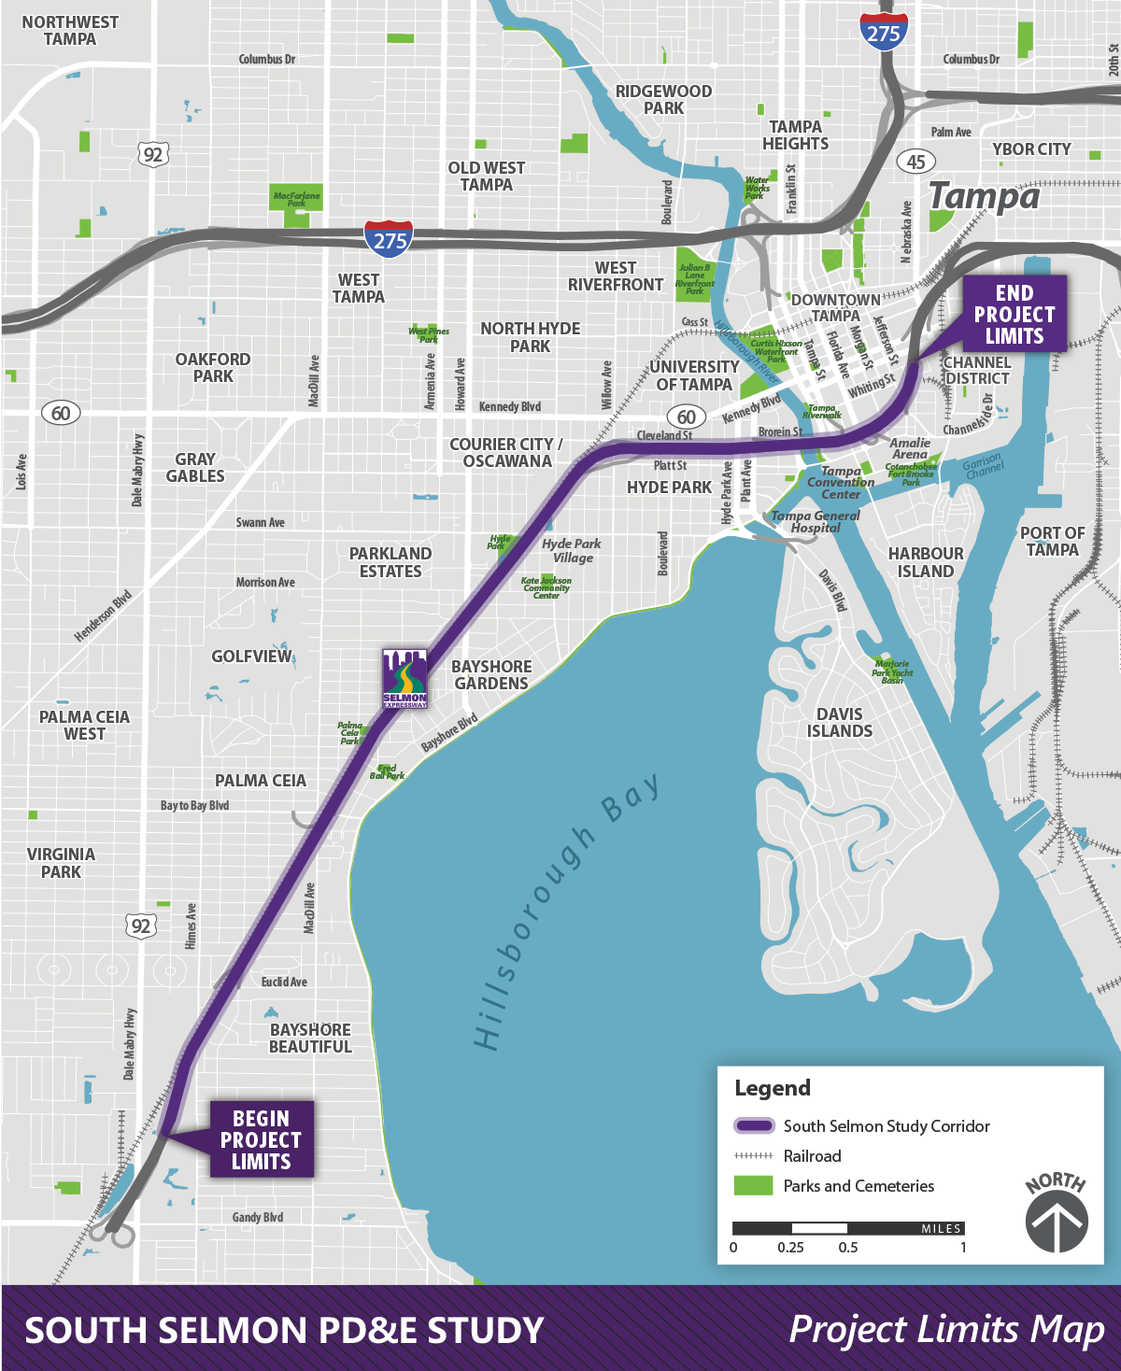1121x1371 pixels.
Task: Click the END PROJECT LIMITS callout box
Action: click(x=1014, y=314)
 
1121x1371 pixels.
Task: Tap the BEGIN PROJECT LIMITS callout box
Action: click(x=261, y=1139)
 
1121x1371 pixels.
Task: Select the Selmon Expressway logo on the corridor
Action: click(x=405, y=679)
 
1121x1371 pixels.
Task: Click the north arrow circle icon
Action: click(x=1057, y=1222)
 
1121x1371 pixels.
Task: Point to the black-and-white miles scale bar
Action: click(x=847, y=1228)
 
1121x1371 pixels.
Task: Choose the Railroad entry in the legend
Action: click(x=812, y=1156)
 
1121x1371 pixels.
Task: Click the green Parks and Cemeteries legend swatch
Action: click(x=753, y=1186)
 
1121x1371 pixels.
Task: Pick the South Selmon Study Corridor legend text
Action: click(x=886, y=1126)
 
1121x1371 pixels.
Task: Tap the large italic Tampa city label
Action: click(x=984, y=197)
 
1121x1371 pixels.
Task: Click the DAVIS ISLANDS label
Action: click(x=839, y=723)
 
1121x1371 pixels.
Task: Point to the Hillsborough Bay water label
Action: click(x=566, y=912)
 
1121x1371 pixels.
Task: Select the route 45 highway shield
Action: click(x=915, y=162)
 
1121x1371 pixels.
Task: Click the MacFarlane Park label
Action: click(x=296, y=199)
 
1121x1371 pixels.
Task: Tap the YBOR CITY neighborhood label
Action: click(x=1031, y=149)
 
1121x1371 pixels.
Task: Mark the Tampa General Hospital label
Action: click(x=816, y=521)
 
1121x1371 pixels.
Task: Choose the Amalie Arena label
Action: click(x=910, y=448)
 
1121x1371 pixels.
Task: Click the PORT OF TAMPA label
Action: click(x=1052, y=542)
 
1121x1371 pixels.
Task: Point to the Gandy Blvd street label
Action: click(x=257, y=1217)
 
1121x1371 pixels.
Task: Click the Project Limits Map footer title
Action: click(x=946, y=1329)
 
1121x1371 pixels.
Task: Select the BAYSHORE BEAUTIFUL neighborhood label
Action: click(x=310, y=1038)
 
